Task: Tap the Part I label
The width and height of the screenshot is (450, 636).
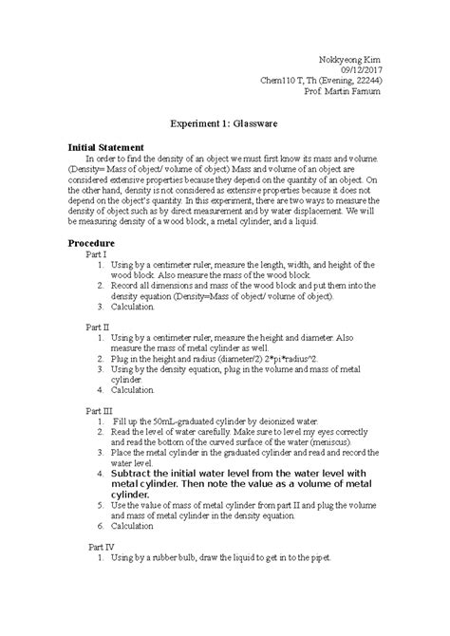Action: tap(96, 255)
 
